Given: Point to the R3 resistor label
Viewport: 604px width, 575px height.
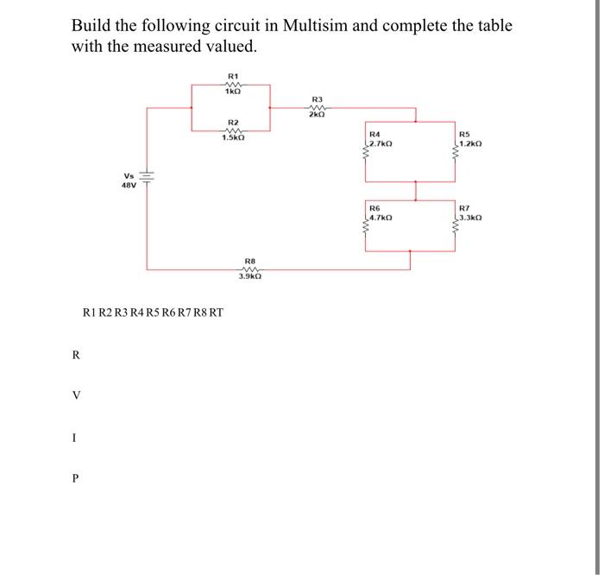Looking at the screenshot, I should pyautogui.click(x=317, y=99).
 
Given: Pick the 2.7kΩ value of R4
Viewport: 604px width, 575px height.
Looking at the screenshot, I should pyautogui.click(x=381, y=142).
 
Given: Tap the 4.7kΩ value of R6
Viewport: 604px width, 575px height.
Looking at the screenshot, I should pyautogui.click(x=381, y=218).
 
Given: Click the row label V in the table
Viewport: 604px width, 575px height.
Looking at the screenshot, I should pyautogui.click(x=77, y=395).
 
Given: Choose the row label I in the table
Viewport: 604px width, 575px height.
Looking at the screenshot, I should pyautogui.click(x=77, y=437).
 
